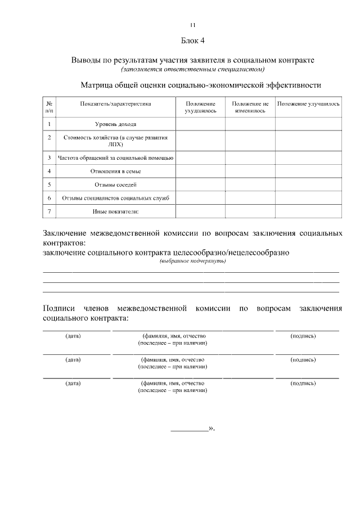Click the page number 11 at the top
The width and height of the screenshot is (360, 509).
193,25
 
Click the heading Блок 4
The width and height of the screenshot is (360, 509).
193,40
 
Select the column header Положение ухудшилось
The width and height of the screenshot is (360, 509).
200,107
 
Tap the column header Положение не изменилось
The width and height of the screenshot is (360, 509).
250,107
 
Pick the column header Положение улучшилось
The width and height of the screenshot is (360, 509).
308,104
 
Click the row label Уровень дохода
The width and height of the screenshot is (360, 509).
115,124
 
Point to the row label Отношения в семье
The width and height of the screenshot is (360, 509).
115,171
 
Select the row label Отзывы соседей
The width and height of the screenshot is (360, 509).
115,184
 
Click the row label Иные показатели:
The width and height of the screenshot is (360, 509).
115,211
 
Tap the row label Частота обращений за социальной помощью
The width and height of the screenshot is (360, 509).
115,158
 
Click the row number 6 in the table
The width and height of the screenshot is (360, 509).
49,198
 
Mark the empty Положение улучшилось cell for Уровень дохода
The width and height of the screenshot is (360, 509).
308,124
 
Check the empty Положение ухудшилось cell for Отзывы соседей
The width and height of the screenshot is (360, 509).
200,184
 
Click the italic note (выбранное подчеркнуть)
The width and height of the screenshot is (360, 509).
193,262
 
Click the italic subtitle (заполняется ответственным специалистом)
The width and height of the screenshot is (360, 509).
193,69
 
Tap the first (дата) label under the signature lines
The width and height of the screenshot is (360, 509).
73,336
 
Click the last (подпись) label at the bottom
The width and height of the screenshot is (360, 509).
303,383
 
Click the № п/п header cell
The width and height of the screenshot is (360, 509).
49,107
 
